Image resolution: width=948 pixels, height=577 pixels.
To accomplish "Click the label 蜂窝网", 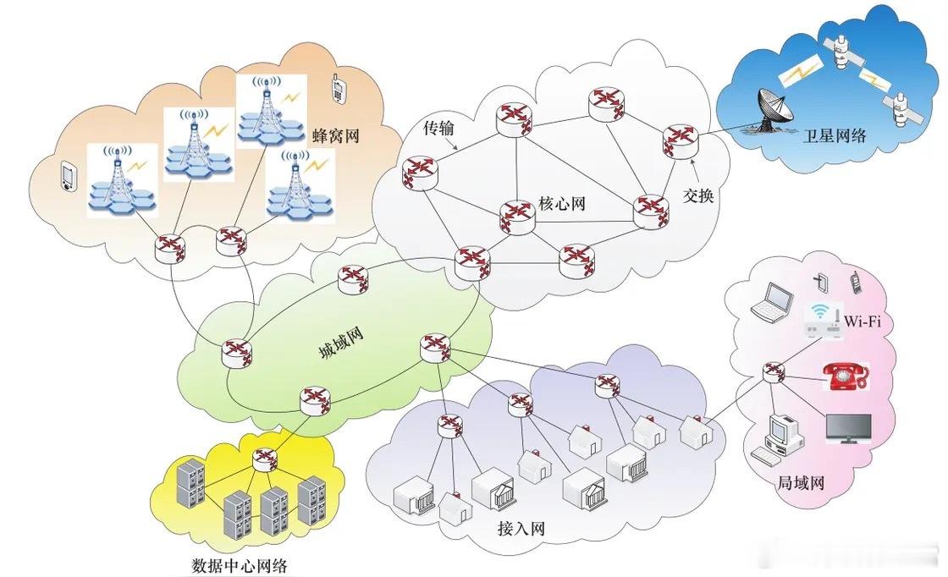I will coord(336,135).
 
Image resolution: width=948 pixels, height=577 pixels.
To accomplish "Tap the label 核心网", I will coord(562,204).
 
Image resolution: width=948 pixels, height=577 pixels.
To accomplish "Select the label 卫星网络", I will coord(834,136).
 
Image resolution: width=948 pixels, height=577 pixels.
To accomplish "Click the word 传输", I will coord(438,128).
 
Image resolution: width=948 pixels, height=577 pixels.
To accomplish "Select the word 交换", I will coord(698,195).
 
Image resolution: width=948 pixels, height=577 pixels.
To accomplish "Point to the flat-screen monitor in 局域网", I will coord(847,429).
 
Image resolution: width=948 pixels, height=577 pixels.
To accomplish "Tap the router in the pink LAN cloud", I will coord(773,372).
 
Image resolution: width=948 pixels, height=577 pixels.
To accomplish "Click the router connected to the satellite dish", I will coord(680,140).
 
